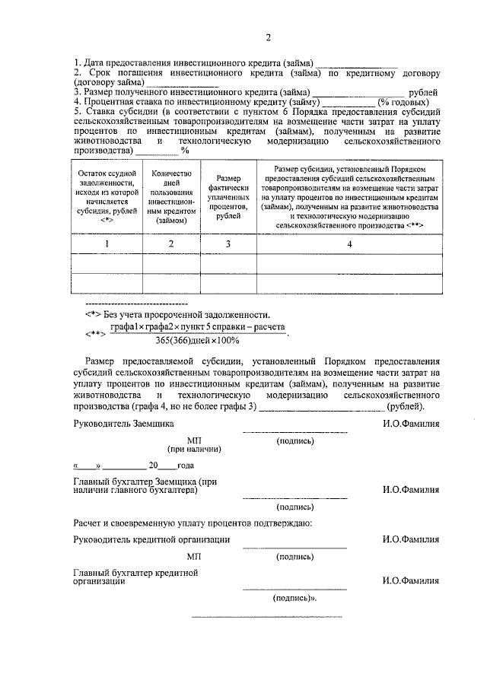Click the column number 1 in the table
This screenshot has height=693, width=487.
click(107, 243)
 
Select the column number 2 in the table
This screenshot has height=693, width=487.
click(171, 243)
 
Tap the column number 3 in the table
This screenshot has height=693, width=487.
click(228, 243)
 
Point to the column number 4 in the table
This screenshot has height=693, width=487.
click(349, 243)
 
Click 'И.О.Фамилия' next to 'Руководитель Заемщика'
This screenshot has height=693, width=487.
click(411, 423)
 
